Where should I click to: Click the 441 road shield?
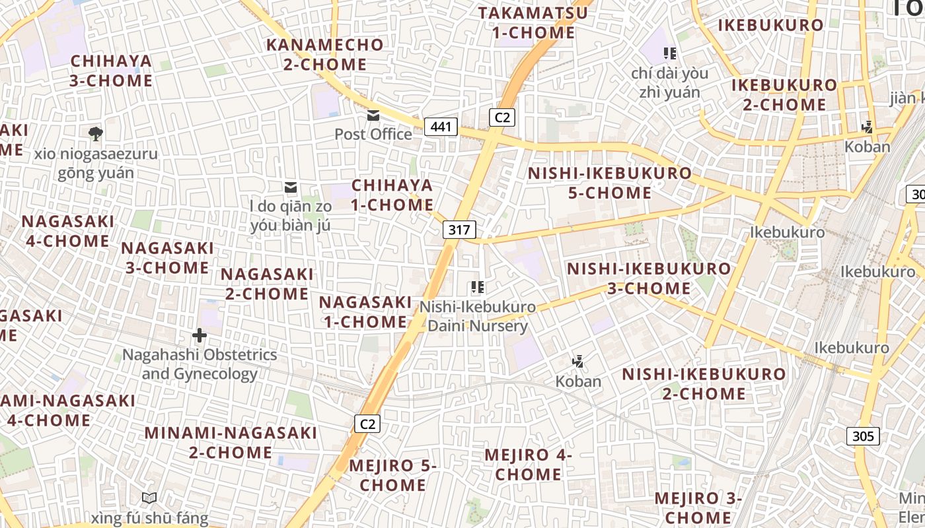(441, 126)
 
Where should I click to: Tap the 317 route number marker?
(459, 230)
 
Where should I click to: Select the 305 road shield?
(863, 436)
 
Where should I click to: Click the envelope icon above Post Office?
(373, 115)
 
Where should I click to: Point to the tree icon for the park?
(96, 134)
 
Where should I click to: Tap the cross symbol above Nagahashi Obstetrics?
(199, 336)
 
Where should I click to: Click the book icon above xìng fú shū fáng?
(149, 498)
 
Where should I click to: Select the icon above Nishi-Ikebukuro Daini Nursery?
(477, 287)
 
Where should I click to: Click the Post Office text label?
(373, 135)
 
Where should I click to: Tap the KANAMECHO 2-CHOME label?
(325, 55)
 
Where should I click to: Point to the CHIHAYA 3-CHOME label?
(111, 71)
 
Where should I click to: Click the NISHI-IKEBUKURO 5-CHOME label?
(610, 183)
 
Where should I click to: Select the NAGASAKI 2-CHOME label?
(267, 283)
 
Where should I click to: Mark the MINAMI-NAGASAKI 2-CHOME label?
(231, 442)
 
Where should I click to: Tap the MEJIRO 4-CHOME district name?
(528, 464)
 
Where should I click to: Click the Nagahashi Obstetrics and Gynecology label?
(200, 364)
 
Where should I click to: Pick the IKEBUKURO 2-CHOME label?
(784, 94)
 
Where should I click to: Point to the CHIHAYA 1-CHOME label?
(392, 195)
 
